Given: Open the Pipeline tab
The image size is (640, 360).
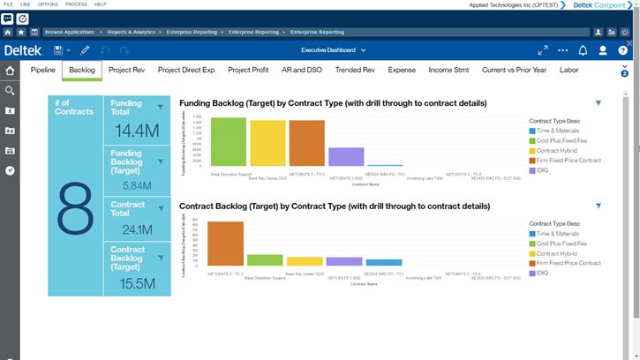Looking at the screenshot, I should click(43, 70).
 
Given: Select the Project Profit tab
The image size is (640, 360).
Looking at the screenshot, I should click(249, 70).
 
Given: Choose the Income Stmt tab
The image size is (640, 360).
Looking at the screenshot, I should click(448, 70).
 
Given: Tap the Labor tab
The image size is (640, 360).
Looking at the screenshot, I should click(569, 70).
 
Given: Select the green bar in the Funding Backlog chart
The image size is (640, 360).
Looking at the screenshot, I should click(228, 142).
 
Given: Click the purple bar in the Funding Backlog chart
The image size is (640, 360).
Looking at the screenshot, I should click(346, 156).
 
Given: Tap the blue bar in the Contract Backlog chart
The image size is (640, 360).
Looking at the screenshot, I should click(384, 262).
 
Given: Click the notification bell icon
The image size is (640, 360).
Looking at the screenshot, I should click(583, 50).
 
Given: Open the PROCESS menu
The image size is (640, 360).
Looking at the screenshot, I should click(76, 4).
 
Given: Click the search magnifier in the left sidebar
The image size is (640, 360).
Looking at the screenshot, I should click(10, 91).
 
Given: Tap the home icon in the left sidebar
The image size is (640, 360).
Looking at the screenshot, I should click(10, 71).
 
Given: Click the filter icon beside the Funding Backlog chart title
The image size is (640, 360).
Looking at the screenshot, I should click(599, 103).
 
